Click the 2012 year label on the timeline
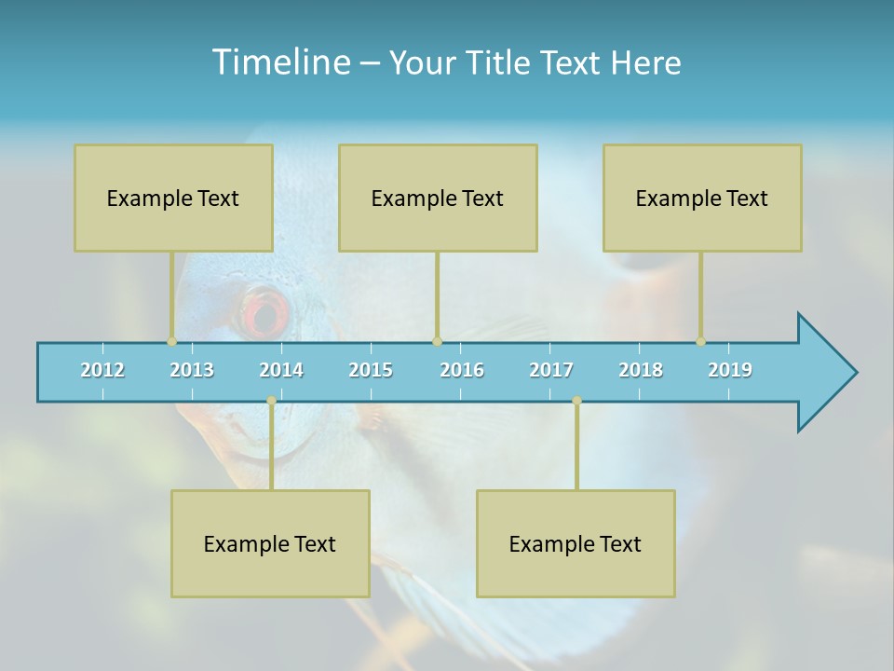pos(102,370)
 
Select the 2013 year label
pos(192,370)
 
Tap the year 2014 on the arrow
pos(281,370)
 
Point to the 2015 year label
pos(371,370)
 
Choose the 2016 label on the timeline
pos(462,370)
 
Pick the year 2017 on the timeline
pos(551,370)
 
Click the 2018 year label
pos(641,370)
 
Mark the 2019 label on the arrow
pos(730,370)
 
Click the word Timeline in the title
pos(279,62)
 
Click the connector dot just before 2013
pos(171,342)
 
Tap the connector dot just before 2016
pos(437,342)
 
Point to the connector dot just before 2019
pos(700,342)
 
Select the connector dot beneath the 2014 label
pos(271,401)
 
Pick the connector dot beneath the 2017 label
pos(576,401)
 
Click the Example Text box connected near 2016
pos(438,198)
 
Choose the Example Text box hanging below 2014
pos(270,543)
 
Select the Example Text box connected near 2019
pos(702,198)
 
